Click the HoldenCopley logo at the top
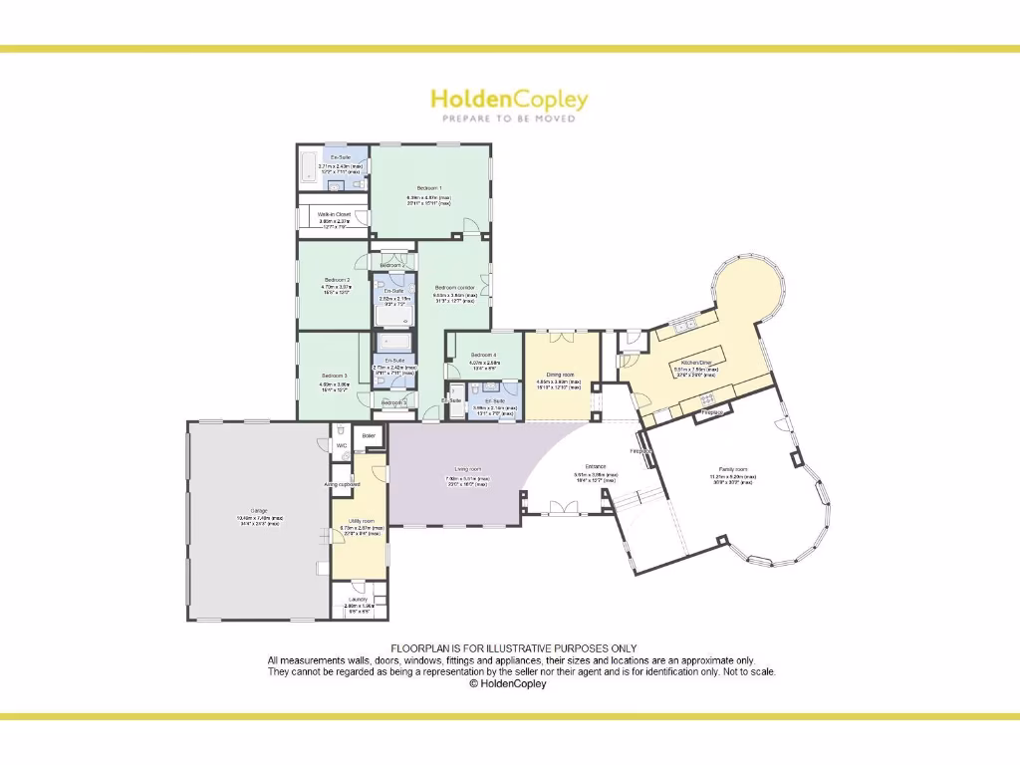click(509, 100)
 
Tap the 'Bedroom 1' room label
click(429, 187)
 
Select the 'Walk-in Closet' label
click(334, 214)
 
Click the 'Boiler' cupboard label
click(369, 435)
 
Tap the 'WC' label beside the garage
click(341, 445)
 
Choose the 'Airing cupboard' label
click(342, 484)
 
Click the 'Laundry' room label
click(357, 599)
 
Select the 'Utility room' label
click(358, 521)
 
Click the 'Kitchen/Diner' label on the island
click(695, 363)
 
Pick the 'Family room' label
click(733, 468)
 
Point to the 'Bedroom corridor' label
click(455, 287)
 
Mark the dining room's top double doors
click(561, 330)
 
